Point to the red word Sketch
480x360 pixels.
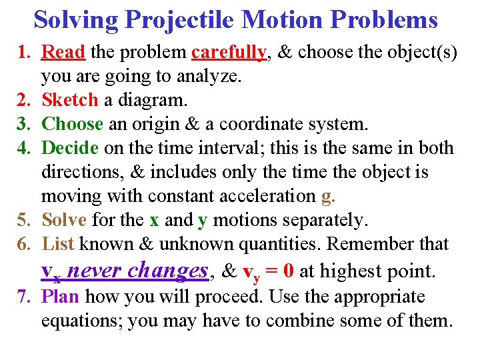coord(69,101)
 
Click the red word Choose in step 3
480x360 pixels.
coord(72,125)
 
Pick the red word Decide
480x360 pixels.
coord(69,149)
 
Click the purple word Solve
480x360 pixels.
coord(64,220)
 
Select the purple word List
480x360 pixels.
coord(58,244)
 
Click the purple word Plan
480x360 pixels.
coord(61,297)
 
